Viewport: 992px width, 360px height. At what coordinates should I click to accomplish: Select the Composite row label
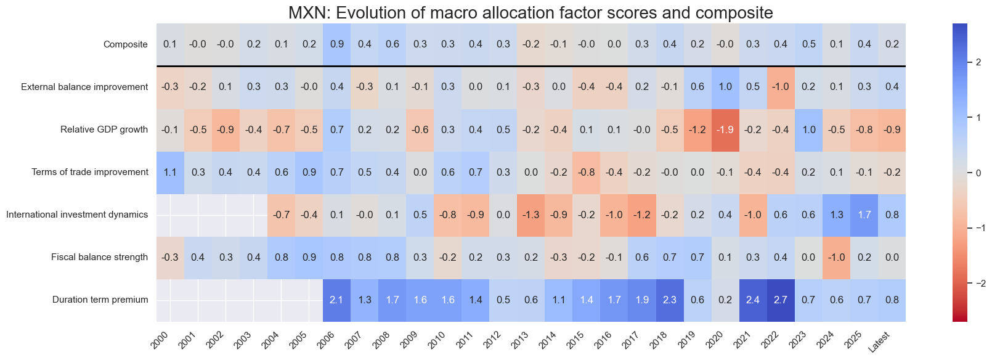[x=125, y=44]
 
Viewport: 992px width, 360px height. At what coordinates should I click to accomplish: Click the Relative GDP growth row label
[x=104, y=129]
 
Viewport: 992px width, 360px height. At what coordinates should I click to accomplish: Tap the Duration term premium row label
[x=100, y=300]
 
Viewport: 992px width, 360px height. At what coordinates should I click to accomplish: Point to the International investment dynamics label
[x=77, y=215]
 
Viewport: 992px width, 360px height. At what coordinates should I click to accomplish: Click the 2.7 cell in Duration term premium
[x=781, y=300]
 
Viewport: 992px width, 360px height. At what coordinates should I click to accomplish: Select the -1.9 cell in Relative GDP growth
[x=725, y=129]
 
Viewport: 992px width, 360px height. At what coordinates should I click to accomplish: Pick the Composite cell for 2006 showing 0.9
[x=337, y=44]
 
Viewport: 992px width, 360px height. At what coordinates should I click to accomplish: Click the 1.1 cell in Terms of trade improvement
[x=170, y=172]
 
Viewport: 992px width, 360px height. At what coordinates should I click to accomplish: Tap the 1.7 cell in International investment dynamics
[x=864, y=215]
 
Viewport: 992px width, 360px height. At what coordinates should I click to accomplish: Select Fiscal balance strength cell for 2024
[x=836, y=257]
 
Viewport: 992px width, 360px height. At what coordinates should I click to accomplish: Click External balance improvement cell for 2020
[x=725, y=87]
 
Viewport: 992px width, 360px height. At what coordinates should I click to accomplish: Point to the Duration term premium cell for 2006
[x=337, y=300]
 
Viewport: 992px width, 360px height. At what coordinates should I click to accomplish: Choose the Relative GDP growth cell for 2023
[x=808, y=129]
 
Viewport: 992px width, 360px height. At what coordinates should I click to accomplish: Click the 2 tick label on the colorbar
[x=978, y=62]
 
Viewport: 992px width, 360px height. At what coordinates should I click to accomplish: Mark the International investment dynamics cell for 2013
[x=531, y=215]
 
